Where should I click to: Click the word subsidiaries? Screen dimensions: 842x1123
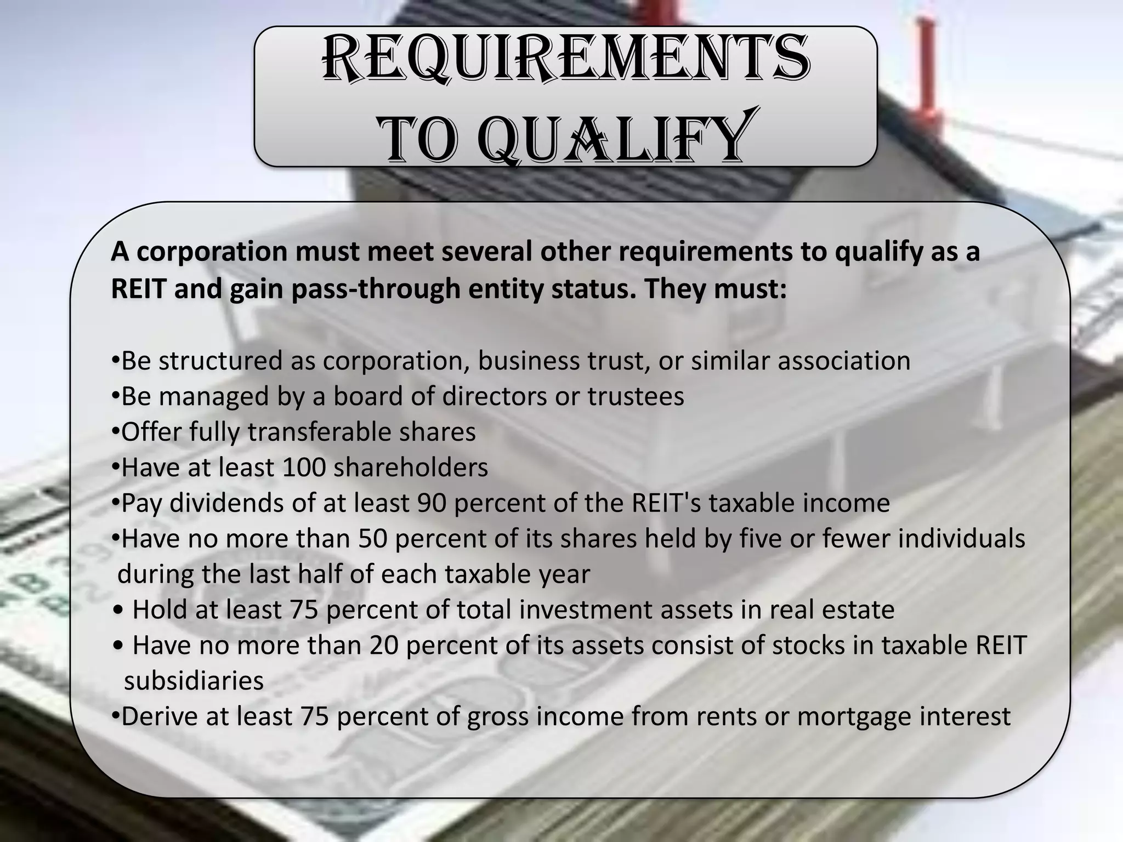[x=194, y=681]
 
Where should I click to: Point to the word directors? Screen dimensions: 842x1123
[x=495, y=396]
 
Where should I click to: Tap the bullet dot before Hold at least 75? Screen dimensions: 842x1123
[x=120, y=610]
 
